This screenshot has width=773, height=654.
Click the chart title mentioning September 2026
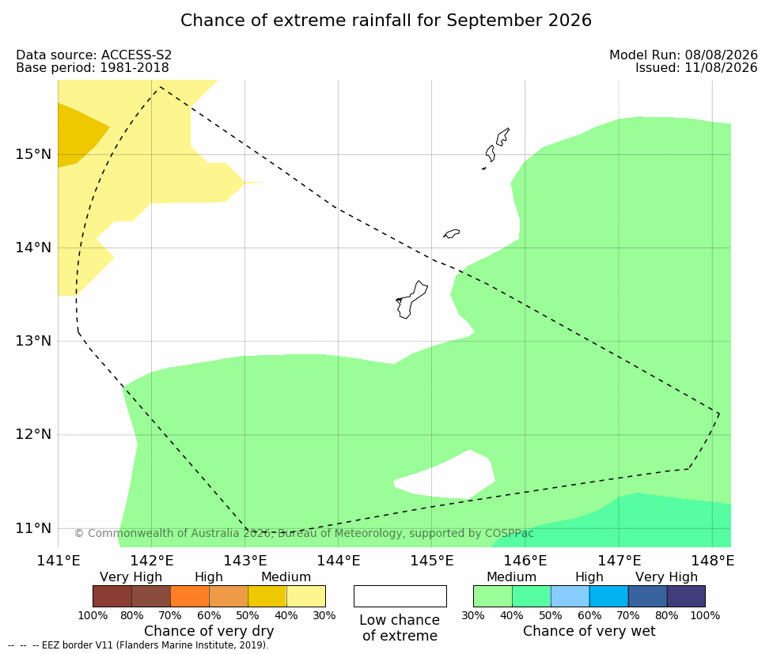pos(385,21)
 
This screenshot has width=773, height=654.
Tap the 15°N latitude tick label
pos(33,154)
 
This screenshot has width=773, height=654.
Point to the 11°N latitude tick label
pos(33,528)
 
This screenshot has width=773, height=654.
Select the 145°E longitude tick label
pos(432,561)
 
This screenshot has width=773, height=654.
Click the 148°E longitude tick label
pos(712,561)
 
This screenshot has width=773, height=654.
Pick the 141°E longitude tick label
pos(59,561)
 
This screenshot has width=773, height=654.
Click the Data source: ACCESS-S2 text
pos(93,55)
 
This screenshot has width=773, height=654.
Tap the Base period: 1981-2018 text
pos(93,67)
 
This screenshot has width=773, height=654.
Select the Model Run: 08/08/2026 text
pos(684,55)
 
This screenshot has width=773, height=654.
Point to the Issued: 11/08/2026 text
pos(696,67)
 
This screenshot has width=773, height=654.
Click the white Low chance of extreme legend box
pos(400,596)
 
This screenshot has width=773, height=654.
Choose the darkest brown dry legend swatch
pos(112,596)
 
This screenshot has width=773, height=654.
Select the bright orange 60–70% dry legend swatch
pos(190,596)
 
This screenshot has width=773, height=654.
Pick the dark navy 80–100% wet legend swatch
pos(686,596)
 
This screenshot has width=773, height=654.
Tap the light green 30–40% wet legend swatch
pos(492,596)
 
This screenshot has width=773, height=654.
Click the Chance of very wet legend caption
pos(589,631)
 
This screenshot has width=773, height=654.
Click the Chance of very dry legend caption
pos(209,631)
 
